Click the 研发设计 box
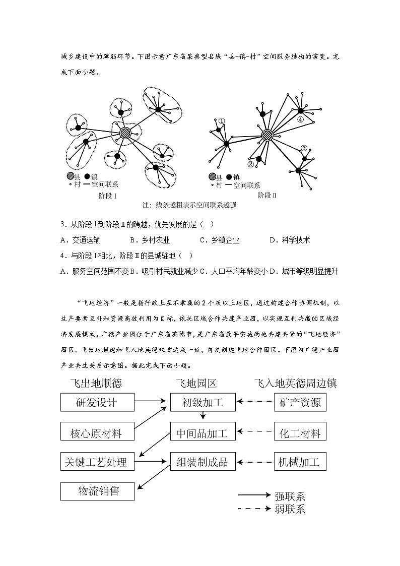97,402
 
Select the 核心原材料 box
97,432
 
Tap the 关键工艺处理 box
97,461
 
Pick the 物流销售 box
97,491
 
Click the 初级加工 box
203,402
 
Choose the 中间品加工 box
203,432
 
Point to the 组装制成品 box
203,461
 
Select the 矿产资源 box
300,402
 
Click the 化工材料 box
300,432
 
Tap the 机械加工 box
300,461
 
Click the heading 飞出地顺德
97,383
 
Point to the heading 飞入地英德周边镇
295,383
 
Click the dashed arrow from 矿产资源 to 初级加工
255,402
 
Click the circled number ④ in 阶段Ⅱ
300,119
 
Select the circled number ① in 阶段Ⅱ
222,121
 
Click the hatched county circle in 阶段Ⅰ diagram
125,133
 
